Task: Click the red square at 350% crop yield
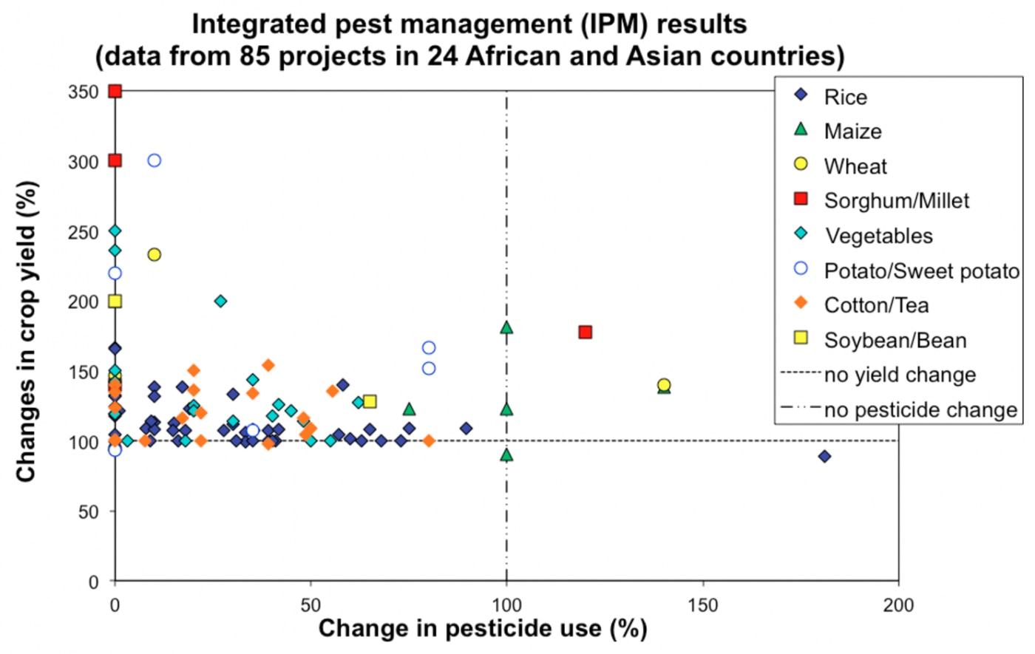115,91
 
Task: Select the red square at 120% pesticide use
585,333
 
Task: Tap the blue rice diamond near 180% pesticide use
824,457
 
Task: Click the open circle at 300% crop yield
154,160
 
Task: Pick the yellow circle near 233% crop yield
154,255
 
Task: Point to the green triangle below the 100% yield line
506,455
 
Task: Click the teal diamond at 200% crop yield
220,302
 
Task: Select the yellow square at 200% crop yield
115,302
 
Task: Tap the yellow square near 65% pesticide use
370,402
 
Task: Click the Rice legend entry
845,98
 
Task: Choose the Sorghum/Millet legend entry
896,201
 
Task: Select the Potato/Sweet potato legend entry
921,271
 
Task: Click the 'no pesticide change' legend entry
920,410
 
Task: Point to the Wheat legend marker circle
801,164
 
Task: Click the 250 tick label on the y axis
83,232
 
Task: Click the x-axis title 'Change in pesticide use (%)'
482,629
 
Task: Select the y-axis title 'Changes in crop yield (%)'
27,332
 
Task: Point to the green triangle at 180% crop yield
506,327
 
